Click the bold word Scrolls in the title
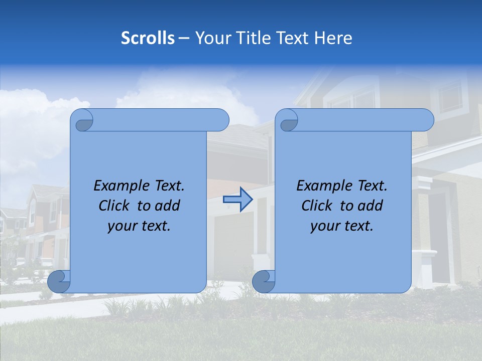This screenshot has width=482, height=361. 148,38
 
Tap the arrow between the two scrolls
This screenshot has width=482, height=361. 237,200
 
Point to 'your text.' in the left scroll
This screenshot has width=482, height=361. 139,226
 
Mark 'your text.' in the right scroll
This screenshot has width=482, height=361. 342,226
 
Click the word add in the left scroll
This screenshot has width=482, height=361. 168,206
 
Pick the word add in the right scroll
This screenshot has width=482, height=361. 371,206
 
